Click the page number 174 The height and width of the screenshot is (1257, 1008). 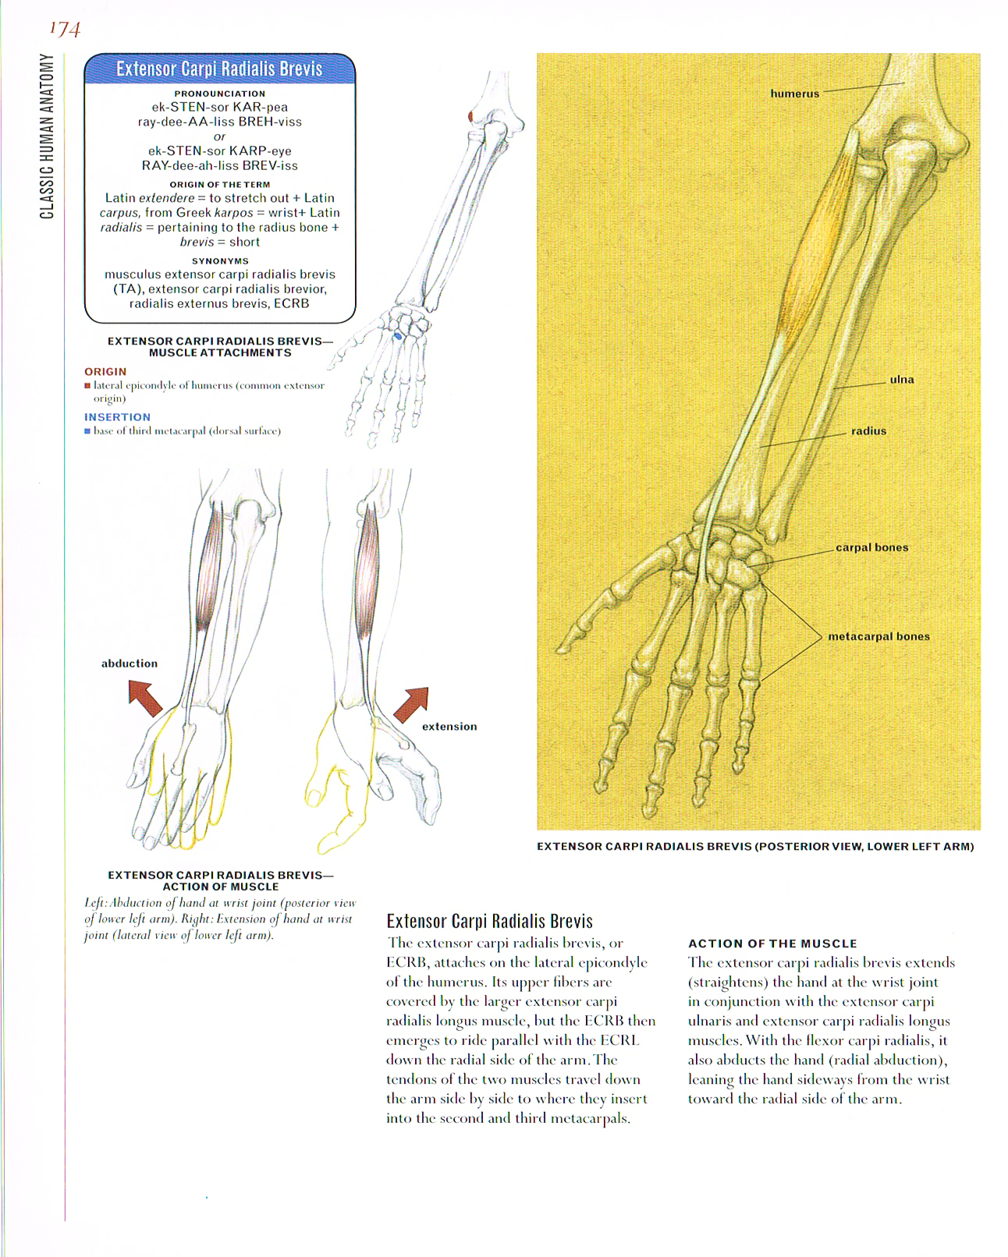65,29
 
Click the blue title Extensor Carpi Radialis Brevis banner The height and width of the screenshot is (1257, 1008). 219,69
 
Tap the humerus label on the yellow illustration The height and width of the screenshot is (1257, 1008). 794,94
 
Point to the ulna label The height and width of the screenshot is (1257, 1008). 901,380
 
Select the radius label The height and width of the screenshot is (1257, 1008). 868,430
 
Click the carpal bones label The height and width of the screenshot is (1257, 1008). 871,547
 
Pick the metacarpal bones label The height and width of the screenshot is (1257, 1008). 878,636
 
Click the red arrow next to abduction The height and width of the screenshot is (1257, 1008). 145,697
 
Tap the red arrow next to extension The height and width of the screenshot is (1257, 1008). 411,704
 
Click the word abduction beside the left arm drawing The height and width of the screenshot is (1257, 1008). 130,664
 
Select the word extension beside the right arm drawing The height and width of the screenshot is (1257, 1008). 449,727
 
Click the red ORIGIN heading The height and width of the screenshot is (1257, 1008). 105,372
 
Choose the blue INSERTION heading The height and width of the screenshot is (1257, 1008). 117,417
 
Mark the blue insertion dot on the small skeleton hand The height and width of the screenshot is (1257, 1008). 399,336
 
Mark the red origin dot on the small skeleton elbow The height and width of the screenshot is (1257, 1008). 471,116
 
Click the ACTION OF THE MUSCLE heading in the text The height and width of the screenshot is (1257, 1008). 772,944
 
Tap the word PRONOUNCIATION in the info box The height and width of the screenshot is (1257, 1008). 219,94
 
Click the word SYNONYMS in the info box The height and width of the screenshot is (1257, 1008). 219,261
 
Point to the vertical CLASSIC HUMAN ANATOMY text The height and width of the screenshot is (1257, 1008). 48,136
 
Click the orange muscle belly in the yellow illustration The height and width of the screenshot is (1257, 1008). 811,250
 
